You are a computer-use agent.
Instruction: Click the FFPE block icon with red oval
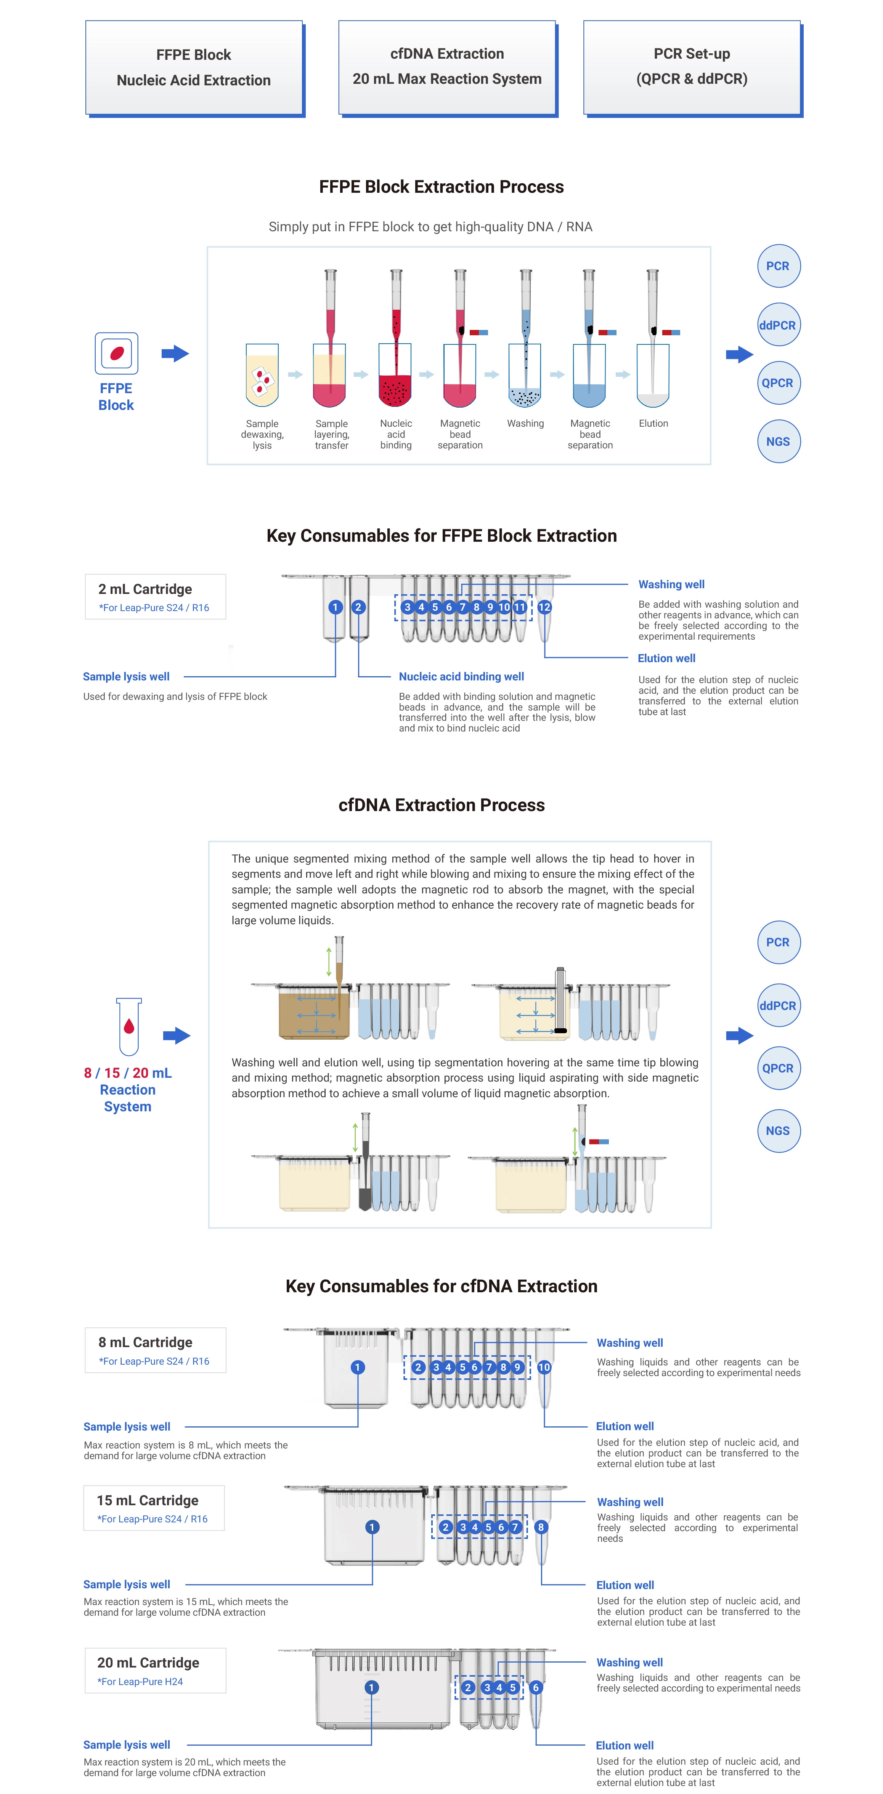pos(116,353)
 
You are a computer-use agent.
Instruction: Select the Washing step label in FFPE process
pos(525,423)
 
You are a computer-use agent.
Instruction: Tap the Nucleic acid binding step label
pos(396,434)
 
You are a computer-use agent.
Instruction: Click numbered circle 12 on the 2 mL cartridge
pos(544,607)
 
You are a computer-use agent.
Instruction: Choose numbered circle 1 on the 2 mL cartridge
pos(335,607)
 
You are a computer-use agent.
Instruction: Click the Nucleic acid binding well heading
pos(461,676)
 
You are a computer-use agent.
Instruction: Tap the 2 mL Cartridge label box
pos(156,597)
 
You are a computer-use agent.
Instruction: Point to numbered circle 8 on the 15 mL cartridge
pos(541,1527)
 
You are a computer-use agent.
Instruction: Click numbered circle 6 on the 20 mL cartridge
pos(536,1687)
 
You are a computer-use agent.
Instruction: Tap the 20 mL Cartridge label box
pos(156,1670)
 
